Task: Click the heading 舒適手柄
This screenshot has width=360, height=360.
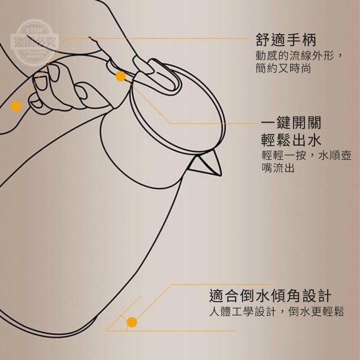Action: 286,40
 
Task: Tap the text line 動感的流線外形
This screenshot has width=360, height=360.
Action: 299,56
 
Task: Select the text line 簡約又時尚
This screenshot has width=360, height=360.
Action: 283,68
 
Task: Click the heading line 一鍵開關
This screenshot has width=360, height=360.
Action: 291,123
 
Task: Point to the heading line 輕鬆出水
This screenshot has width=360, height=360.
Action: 291,140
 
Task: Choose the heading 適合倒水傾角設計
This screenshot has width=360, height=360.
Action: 270,296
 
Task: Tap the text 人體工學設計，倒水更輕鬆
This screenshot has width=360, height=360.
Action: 276,312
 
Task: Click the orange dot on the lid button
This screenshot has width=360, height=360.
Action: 120,76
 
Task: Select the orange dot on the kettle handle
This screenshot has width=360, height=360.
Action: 16,106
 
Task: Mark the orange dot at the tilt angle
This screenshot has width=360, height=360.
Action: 132,322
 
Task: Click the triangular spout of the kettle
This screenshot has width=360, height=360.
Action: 206,164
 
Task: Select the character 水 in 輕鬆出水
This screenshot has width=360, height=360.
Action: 314,140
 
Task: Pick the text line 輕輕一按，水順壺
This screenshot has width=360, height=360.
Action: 307,156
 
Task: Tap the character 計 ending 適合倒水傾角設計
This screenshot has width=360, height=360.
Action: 324,296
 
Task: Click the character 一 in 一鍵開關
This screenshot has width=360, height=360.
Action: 268,123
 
